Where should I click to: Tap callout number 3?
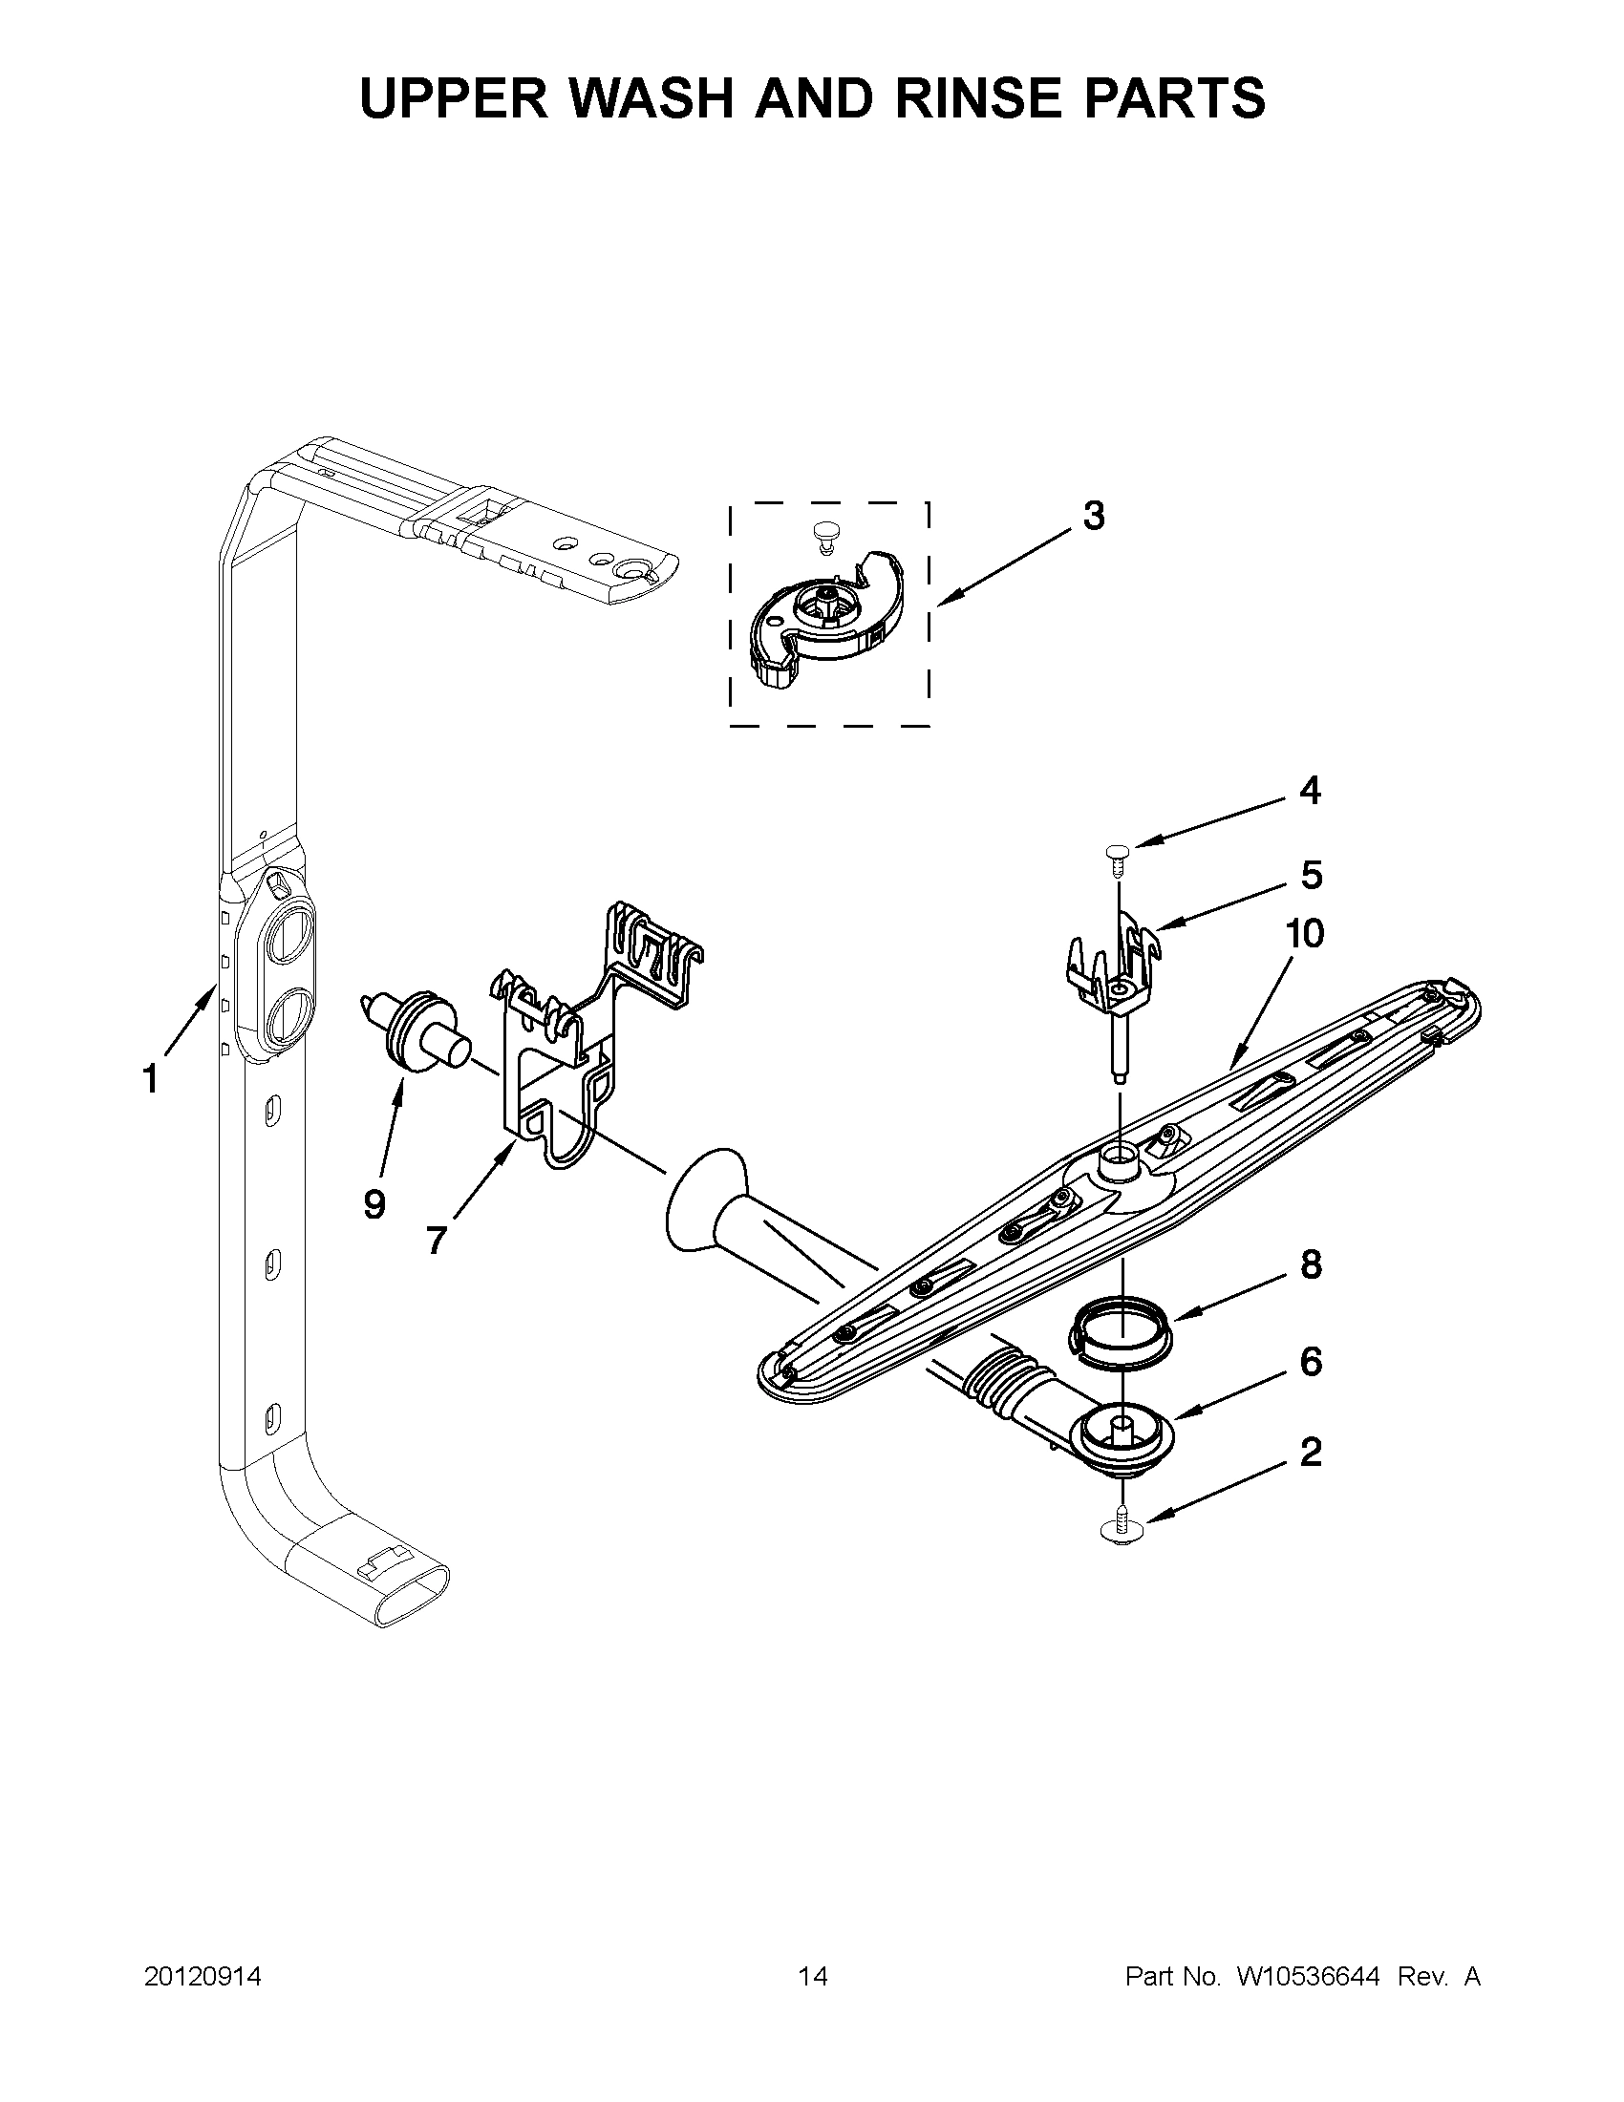click(x=1094, y=518)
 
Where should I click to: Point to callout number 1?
click(x=150, y=1079)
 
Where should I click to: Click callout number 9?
click(x=375, y=1203)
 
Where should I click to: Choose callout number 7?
click(x=436, y=1241)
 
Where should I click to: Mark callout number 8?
click(x=1311, y=1264)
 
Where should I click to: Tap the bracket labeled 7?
click(x=558, y=1059)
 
